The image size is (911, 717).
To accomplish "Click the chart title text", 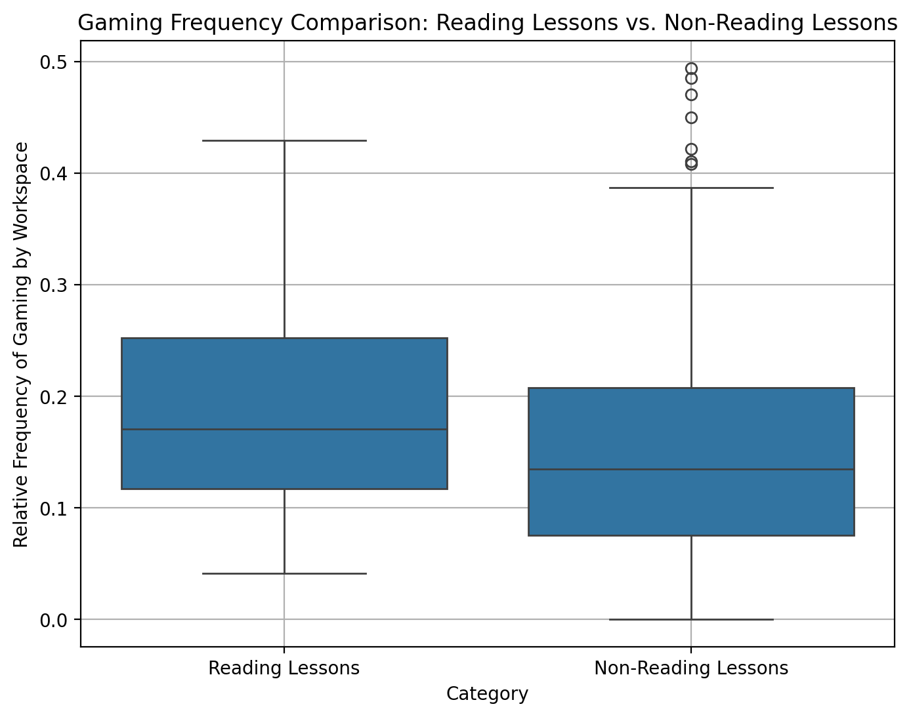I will pyautogui.click(x=487, y=24).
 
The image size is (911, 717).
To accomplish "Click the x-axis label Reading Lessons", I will pyautogui.click(x=284, y=668).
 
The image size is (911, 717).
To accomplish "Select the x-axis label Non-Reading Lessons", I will pyautogui.click(x=690, y=668).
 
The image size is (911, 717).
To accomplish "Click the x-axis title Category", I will pyautogui.click(x=487, y=694).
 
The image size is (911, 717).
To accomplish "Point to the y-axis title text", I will pyautogui.click(x=22, y=344).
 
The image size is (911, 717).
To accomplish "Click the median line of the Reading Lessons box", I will pyautogui.click(x=284, y=430).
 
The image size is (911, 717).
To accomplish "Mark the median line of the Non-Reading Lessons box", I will pyautogui.click(x=690, y=470).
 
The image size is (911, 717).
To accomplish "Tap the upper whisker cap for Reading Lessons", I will pyautogui.click(x=284, y=140).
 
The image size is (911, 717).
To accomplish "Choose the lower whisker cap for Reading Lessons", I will pyautogui.click(x=284, y=573).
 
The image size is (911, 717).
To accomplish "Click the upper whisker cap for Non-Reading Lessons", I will pyautogui.click(x=690, y=188).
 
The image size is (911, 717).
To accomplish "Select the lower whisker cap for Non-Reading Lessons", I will pyautogui.click(x=690, y=619).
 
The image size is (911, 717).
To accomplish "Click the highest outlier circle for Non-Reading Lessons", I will pyautogui.click(x=691, y=68).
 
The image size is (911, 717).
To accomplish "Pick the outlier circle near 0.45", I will pyautogui.click(x=691, y=118).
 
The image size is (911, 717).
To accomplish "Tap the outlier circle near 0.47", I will pyautogui.click(x=691, y=94).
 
